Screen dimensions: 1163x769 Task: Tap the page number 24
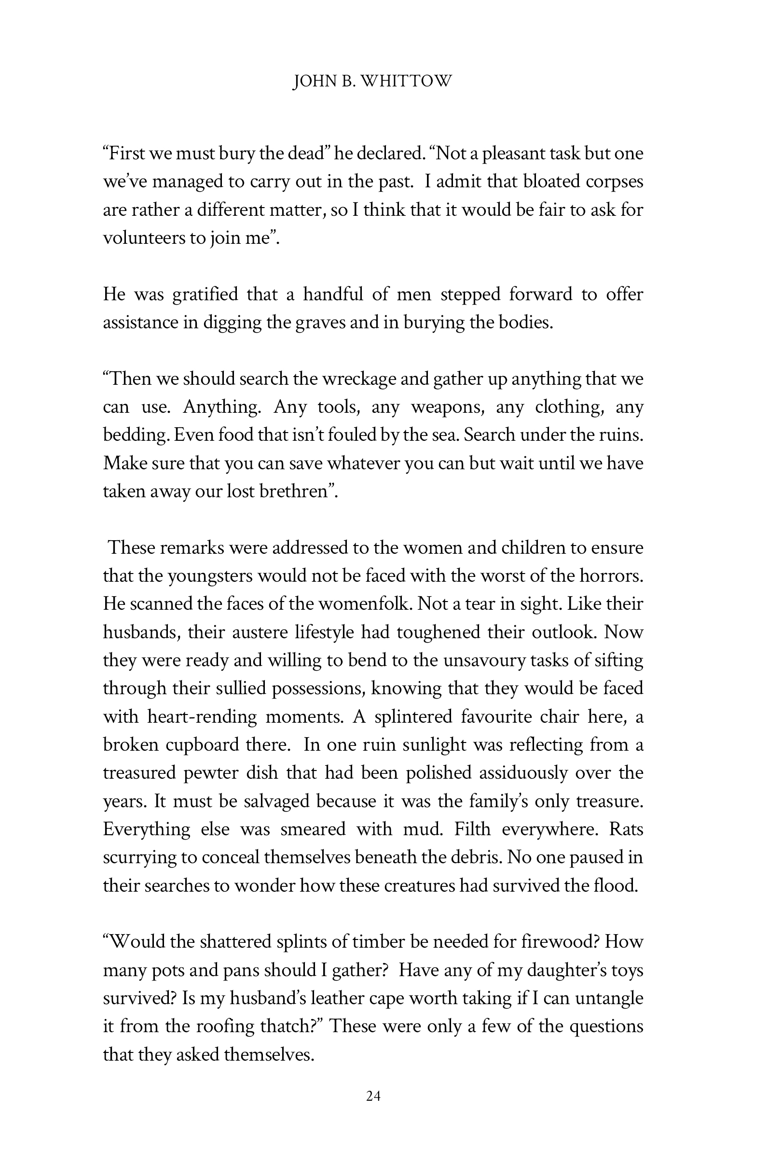[373, 1096]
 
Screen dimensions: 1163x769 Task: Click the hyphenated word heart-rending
[202, 717]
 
